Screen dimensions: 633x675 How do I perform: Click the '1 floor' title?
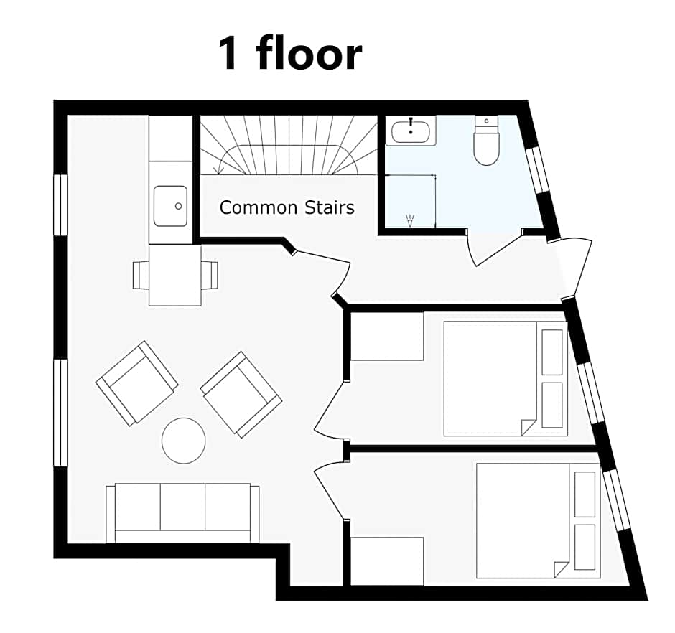pos(290,54)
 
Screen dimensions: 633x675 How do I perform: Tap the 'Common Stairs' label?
pos(287,208)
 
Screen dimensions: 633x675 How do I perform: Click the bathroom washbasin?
pos(411,131)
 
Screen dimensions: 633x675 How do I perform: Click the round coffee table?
pos(184,440)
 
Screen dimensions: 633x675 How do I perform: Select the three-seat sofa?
pos(182,512)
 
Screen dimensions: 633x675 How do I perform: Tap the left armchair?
pos(137,383)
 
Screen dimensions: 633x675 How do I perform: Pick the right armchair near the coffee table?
pos(241,393)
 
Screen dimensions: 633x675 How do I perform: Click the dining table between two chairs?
pos(174,275)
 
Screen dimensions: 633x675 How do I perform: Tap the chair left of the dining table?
pos(141,274)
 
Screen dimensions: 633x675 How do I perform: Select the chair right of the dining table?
pos(209,274)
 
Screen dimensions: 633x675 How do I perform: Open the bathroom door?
pos(495,248)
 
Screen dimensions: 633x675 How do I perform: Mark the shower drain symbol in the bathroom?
pos(410,222)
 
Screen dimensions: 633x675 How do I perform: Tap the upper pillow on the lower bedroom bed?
pos(585,494)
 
